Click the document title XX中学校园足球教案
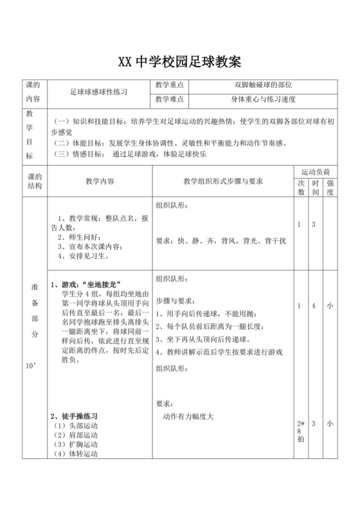(179, 62)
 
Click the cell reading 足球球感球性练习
(99, 92)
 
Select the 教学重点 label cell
(170, 85)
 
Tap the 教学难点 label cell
(170, 100)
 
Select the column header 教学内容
(100, 182)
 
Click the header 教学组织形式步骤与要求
(223, 182)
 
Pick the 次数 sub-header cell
(301, 188)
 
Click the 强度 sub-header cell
(330, 188)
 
